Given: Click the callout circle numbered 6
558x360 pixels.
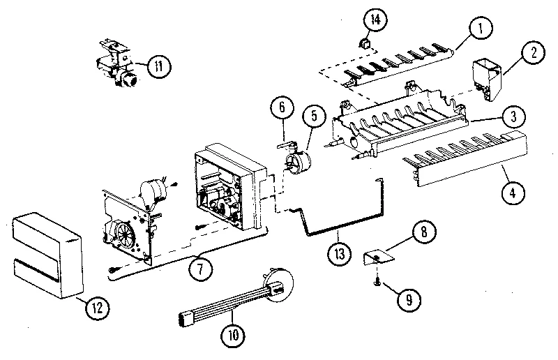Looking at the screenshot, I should [281, 108].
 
